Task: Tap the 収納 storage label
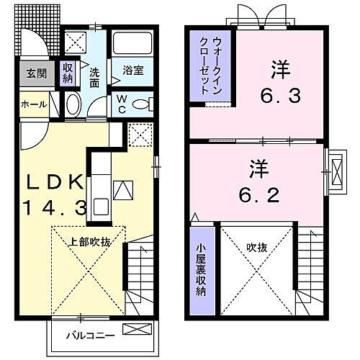point(68,73)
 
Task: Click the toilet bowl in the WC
point(143,105)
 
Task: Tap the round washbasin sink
point(73,105)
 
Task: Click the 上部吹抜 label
point(89,242)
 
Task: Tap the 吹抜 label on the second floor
point(256,247)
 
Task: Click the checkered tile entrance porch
point(34,32)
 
